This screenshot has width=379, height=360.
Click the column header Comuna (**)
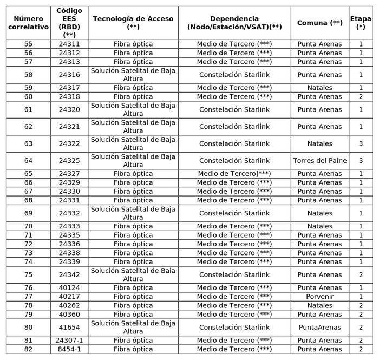pos(319,23)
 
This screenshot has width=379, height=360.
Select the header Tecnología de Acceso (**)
pos(133,23)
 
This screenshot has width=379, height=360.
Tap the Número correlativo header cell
pos(28,23)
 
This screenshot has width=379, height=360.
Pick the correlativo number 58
pos(28,75)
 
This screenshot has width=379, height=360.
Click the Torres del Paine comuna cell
pos(319,161)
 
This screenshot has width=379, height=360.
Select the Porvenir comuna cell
pos(319,297)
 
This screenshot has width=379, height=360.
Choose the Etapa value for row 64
pos(361,161)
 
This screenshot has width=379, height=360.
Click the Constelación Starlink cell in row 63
pos(234,143)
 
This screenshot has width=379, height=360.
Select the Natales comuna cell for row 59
pos(319,88)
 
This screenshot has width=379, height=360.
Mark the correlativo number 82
pos(28,349)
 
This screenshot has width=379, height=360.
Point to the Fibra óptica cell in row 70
pos(133,226)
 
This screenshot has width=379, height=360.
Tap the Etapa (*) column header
pos(361,23)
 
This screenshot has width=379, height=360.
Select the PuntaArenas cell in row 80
pos(319,328)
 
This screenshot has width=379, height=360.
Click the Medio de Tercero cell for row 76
pos(234,288)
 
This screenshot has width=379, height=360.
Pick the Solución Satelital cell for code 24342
pos(133,274)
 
